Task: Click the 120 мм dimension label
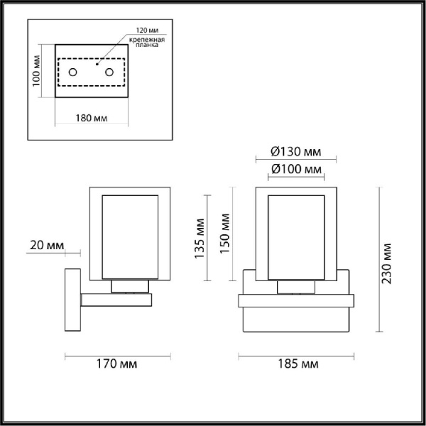(147, 30)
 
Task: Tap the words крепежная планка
(147, 42)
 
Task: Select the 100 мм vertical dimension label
(36, 71)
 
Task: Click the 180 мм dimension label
(92, 118)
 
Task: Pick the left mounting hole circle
(73, 72)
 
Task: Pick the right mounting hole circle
(109, 72)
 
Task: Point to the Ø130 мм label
(296, 152)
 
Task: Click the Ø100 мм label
(296, 169)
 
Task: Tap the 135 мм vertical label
(200, 239)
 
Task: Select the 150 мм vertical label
(224, 234)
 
